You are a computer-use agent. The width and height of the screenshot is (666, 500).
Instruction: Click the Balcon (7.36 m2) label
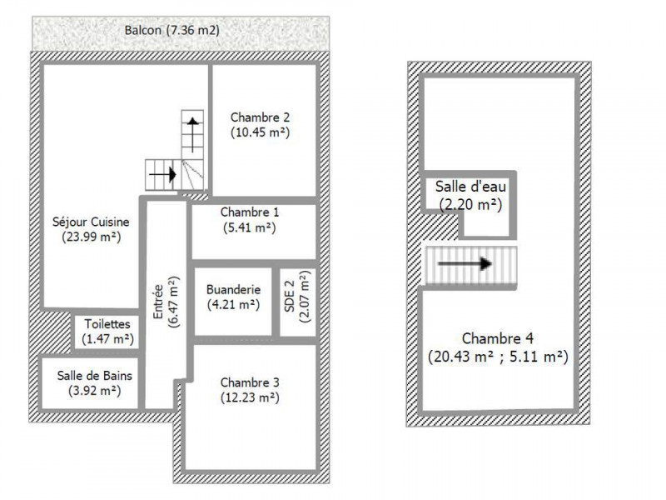coord(171,31)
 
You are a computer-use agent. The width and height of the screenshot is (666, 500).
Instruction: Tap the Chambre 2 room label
coord(261,117)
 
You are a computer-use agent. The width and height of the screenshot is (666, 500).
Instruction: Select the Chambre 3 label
coord(250,382)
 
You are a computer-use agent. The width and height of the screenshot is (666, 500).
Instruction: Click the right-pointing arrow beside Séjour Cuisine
coord(162,175)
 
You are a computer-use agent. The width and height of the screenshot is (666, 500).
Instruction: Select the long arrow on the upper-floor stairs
coord(465,263)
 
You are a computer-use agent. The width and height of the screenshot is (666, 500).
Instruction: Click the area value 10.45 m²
coord(261,132)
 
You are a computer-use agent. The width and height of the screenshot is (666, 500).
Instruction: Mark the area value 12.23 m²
coord(250,397)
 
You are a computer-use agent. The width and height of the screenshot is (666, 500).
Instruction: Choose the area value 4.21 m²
coord(234,304)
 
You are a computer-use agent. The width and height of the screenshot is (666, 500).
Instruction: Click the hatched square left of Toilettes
coord(54,331)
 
